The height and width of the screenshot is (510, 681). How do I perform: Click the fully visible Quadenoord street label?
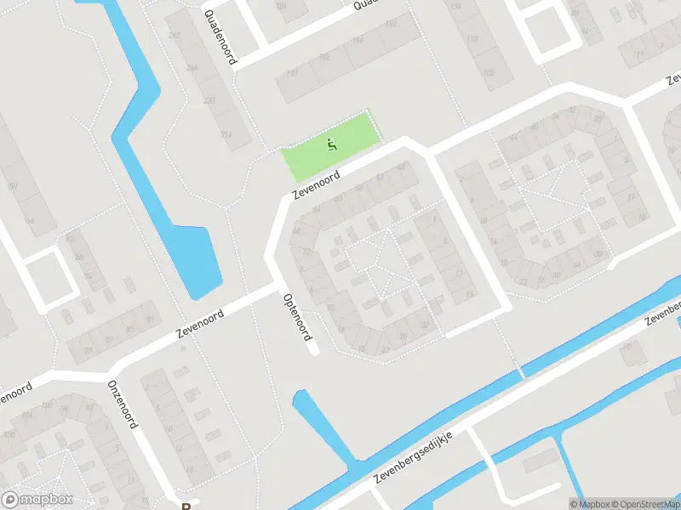(x=220, y=38)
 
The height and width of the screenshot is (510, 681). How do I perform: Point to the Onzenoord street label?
(x=122, y=403)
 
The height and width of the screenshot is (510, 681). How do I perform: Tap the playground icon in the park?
(x=331, y=144)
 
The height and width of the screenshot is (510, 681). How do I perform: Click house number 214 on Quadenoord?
(x=226, y=134)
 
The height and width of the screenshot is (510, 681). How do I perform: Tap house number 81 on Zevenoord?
(x=152, y=319)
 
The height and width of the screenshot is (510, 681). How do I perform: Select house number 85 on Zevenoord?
(x=129, y=329)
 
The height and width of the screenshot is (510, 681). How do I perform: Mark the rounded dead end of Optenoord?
(x=313, y=348)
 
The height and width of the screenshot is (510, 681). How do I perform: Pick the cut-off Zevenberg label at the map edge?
(x=663, y=316)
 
